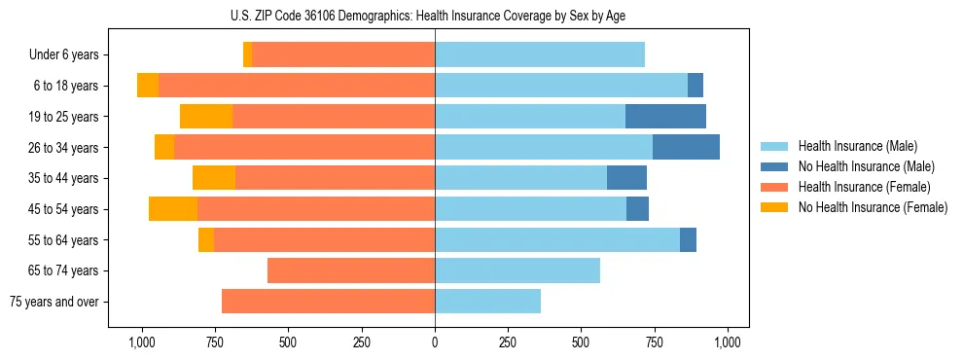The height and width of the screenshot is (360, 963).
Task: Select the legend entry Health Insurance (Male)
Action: [x=857, y=146]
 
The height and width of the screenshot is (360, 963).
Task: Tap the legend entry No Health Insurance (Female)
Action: [x=871, y=207]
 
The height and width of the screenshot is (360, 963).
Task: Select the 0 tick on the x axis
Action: [x=435, y=342]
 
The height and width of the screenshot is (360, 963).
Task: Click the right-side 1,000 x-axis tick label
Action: [x=728, y=342]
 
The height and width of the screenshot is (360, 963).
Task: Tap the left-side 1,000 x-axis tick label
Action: [x=142, y=342]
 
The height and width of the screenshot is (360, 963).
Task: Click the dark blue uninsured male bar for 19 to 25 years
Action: [x=665, y=117]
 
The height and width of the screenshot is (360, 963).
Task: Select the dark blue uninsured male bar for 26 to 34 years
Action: [x=686, y=147]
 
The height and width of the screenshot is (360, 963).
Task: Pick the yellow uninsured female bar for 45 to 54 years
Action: [x=173, y=209]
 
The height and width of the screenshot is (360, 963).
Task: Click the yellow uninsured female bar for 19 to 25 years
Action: [x=206, y=117]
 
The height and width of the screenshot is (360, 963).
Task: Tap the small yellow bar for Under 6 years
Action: [x=248, y=54]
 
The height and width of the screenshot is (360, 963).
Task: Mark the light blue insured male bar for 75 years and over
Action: [x=487, y=302]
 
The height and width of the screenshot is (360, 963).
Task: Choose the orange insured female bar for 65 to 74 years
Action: [x=351, y=270]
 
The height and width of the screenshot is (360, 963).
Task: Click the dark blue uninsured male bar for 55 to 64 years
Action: [x=688, y=239]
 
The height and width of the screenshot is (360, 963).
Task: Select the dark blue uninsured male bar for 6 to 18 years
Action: [x=695, y=86]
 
